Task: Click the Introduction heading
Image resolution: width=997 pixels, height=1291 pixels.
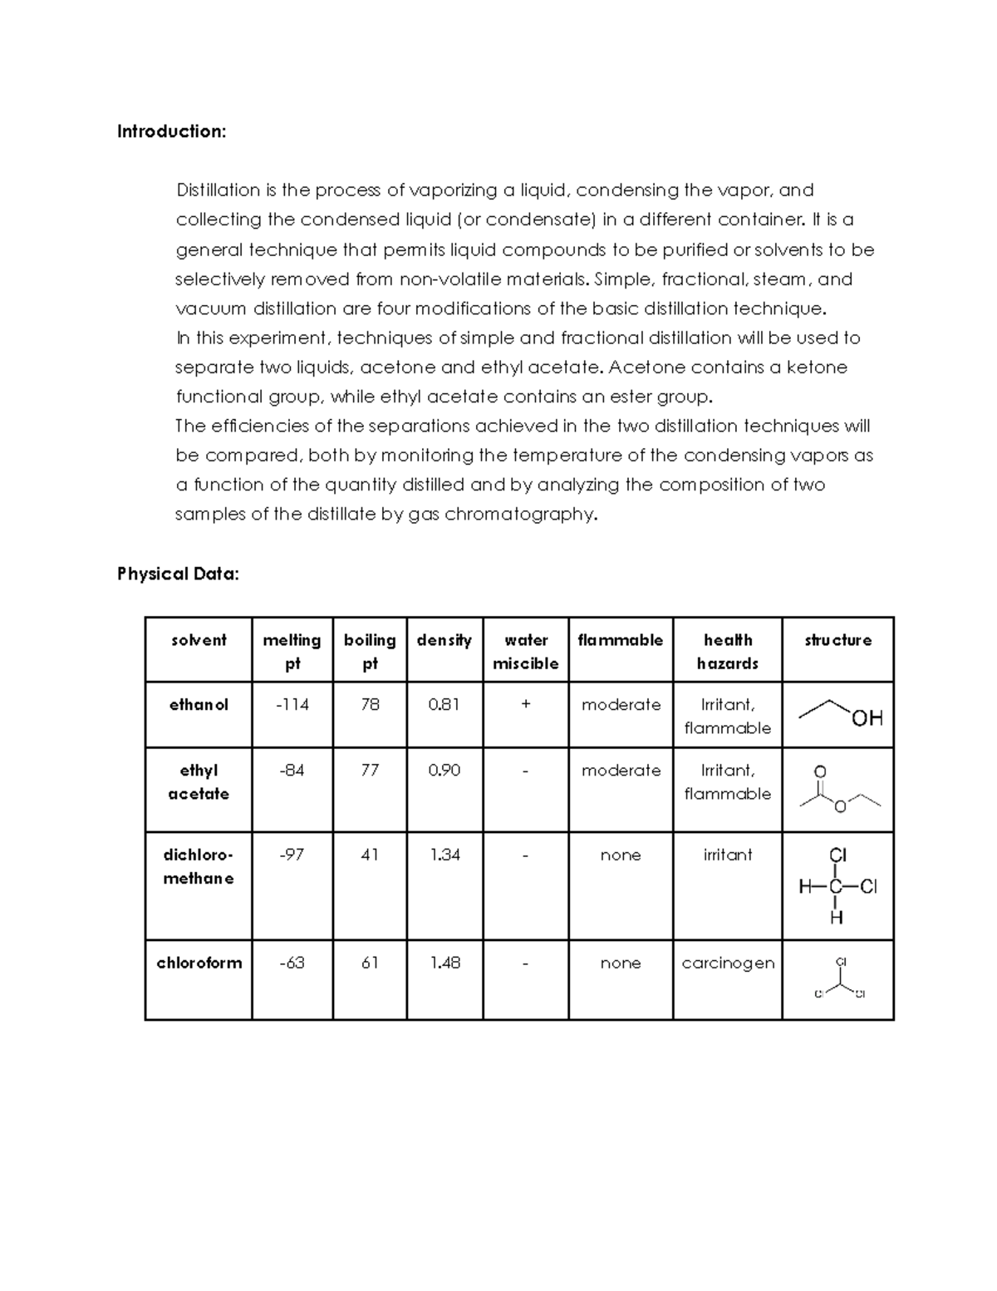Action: [171, 131]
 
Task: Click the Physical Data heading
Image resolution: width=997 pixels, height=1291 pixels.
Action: [178, 574]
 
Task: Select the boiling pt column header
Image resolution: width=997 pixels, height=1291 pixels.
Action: [370, 651]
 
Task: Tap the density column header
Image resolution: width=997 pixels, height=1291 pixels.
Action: [444, 640]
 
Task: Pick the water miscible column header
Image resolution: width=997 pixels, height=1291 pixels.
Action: [525, 651]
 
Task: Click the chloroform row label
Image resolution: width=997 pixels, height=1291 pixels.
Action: [199, 963]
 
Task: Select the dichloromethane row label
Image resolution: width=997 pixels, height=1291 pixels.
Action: [199, 866]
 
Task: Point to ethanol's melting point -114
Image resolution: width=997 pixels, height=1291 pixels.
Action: [292, 704]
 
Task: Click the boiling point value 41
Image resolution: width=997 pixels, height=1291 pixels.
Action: [370, 855]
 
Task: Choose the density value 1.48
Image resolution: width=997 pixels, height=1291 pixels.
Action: [444, 963]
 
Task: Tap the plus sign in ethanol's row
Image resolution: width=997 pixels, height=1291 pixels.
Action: [525, 704]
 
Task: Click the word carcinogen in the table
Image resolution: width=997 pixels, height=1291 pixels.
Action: [728, 963]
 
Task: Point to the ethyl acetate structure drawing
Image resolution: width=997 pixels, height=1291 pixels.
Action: [839, 789]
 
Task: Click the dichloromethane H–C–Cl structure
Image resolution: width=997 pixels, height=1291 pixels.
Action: [837, 886]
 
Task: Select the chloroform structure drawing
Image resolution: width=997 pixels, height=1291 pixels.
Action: [839, 979]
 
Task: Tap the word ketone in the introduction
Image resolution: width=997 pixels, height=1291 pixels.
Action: [817, 367]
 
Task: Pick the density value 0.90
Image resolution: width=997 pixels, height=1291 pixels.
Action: [444, 771]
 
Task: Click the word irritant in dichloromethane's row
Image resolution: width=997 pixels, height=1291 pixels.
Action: [728, 855]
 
